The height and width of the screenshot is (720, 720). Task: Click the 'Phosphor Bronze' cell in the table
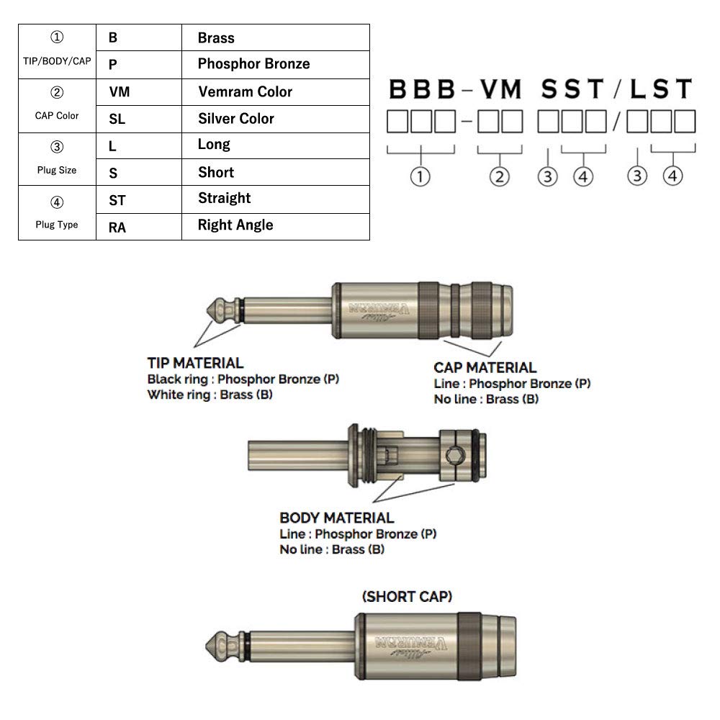coord(253,64)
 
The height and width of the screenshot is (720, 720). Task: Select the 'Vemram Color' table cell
coord(245,91)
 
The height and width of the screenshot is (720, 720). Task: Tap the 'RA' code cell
coord(117,228)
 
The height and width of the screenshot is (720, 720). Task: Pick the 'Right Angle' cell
coord(235,225)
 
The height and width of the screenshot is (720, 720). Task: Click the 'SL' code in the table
coord(117,120)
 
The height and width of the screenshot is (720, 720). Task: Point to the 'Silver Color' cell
coord(235,119)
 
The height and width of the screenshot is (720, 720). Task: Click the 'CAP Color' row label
coord(57,115)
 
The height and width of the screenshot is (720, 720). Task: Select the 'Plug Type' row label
coord(57,225)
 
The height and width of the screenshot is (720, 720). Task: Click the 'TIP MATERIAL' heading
coord(195,364)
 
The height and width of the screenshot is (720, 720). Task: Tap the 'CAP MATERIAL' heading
coord(485,368)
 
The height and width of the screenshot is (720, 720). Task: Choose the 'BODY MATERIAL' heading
coord(336,518)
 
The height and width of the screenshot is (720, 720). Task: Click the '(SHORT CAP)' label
coord(408,596)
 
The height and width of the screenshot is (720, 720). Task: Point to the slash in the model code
coord(616,90)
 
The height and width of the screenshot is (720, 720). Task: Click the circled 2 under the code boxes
coord(500,176)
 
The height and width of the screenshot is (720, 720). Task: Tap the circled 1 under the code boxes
coord(421,176)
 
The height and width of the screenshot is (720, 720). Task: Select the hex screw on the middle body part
coord(455,454)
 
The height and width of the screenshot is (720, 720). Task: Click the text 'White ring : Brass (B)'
coord(210,395)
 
